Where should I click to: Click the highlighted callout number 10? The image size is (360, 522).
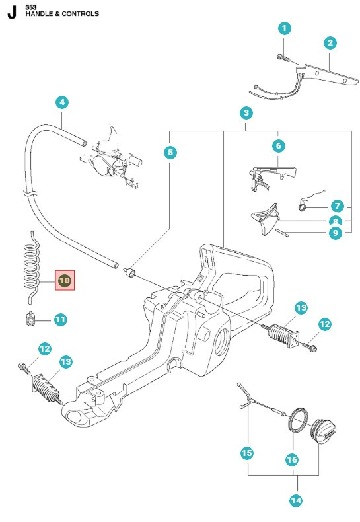click(65, 281)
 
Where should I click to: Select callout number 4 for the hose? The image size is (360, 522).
click(61, 102)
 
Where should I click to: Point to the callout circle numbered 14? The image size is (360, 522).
click(295, 500)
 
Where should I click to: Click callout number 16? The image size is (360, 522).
click(291, 459)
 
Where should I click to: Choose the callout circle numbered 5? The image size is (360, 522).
click(170, 153)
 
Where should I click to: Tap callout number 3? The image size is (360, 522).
click(246, 113)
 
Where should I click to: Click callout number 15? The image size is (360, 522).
click(247, 453)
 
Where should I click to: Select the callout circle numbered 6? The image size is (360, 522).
click(278, 145)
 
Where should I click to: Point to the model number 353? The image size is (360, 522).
click(31, 6)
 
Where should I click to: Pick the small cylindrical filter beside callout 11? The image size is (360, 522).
click(28, 319)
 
